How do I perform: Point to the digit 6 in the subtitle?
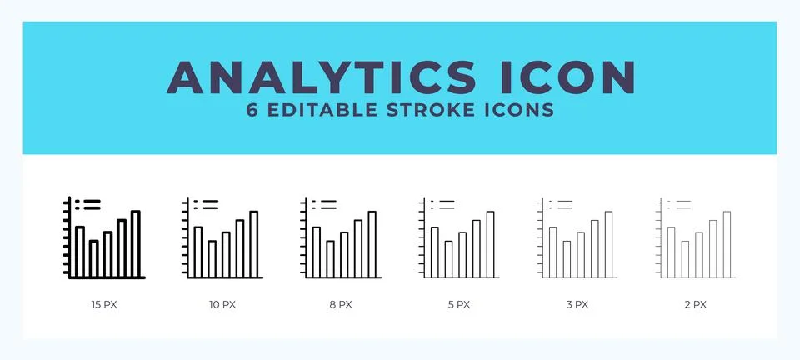[252, 111]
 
